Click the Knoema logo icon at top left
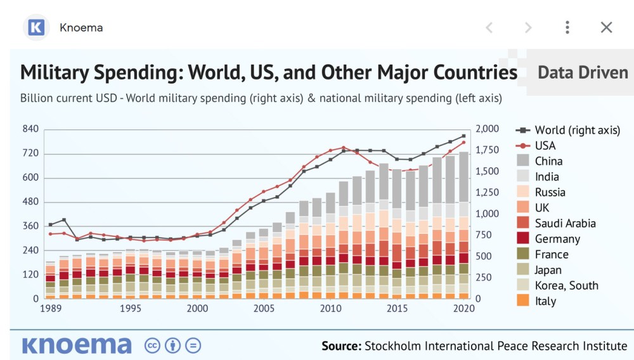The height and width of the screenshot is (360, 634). [36, 27]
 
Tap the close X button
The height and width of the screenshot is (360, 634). [606, 27]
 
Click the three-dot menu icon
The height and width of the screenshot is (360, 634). [567, 27]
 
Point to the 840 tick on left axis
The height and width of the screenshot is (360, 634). [31, 129]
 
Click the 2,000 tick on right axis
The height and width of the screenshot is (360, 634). [486, 129]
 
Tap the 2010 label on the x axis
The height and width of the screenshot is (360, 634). [330, 309]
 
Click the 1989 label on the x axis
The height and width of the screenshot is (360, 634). [50, 309]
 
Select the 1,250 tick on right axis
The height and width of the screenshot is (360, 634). [486, 193]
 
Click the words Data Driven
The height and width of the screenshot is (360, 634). [583, 72]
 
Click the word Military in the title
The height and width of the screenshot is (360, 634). [55, 72]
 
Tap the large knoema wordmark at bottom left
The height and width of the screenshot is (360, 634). [77, 345]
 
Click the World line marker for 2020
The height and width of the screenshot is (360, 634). [463, 136]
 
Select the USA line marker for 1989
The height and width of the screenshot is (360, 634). [50, 234]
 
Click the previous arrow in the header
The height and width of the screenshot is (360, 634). [489, 27]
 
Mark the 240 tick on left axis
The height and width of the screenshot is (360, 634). [31, 250]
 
